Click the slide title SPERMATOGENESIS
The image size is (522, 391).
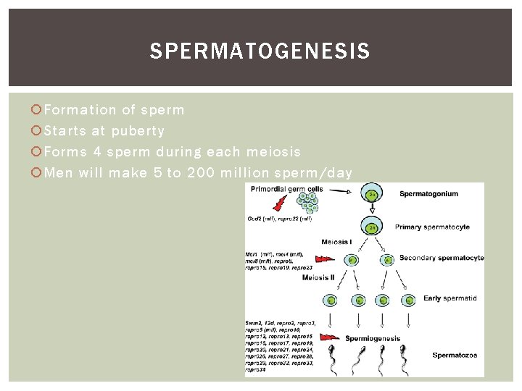point(260,51)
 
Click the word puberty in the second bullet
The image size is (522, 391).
point(138,131)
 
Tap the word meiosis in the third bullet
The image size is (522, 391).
point(273,152)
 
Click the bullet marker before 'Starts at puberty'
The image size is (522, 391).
point(37,131)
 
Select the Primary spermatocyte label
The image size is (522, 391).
point(432,227)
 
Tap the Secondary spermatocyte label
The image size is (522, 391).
point(442,258)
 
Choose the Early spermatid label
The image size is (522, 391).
point(450,298)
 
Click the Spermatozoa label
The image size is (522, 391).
point(454,355)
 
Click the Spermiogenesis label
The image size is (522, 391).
point(373,338)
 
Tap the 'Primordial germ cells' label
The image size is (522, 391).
point(286,189)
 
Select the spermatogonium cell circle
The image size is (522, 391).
point(373,195)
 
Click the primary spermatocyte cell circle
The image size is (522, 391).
point(373,227)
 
